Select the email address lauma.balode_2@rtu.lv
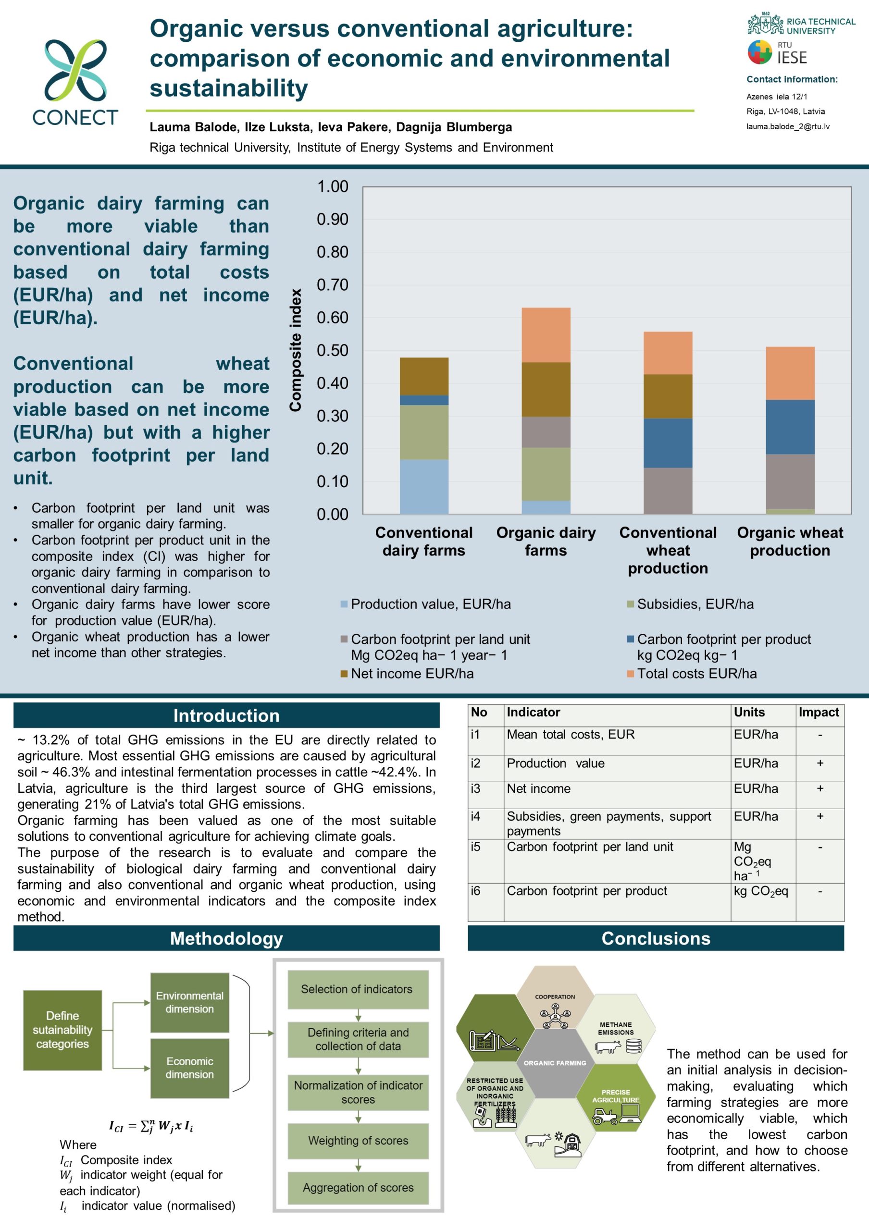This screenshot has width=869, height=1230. coord(788,127)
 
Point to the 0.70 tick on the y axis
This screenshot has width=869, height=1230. coord(332,285)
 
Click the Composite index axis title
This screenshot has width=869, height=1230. coord(295,350)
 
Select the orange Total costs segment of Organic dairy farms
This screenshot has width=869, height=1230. coord(546,335)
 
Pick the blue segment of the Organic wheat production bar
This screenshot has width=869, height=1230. coord(790,427)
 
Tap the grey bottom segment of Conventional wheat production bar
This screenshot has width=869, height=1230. coord(668,491)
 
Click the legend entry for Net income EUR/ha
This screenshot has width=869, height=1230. coord(411,674)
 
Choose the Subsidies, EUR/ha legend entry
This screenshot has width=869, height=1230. coord(695,604)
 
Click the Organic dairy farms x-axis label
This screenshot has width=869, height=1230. coord(546,541)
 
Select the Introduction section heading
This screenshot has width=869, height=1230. coord(226,716)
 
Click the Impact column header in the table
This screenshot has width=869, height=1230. coord(819,712)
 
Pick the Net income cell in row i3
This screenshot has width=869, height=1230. coord(538,788)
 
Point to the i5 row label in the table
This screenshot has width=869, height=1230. coord(476,847)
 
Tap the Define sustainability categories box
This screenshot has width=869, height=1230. coord(62,1030)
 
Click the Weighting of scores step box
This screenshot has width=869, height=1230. coord(358,1141)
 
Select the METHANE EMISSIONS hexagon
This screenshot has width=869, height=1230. coord(616,1029)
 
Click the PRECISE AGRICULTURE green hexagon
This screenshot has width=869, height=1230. coord(616,1096)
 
